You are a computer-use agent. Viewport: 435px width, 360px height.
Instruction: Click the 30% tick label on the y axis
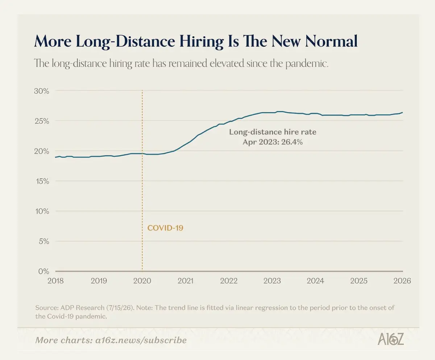point(41,91)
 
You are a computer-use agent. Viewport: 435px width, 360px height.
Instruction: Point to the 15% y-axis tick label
point(42,181)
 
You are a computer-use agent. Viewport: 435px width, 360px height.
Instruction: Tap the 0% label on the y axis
point(44,271)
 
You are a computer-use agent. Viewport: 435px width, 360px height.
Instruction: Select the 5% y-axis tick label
point(44,241)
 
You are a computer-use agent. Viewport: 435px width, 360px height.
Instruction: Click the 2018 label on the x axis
point(55,281)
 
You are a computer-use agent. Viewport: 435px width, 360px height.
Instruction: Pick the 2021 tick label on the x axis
point(185,281)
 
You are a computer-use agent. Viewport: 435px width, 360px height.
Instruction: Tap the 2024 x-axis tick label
point(315,281)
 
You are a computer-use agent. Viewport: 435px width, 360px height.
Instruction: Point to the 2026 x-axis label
point(402,281)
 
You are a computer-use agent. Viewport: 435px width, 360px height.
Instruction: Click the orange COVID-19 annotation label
point(165,228)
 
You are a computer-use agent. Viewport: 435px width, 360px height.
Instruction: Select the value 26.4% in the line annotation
point(292,142)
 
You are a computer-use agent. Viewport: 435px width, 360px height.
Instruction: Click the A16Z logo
point(391,339)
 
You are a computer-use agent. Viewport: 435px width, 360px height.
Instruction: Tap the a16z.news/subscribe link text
point(141,340)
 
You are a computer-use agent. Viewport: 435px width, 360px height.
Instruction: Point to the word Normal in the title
point(331,41)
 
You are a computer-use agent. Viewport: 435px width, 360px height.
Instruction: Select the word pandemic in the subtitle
point(307,64)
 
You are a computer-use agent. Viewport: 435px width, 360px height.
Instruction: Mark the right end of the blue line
point(402,112)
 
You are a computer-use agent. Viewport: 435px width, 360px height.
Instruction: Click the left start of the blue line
point(55,157)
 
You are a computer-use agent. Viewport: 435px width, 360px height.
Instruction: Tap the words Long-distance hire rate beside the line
point(273,132)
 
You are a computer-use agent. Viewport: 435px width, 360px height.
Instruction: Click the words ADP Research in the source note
point(82,308)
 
